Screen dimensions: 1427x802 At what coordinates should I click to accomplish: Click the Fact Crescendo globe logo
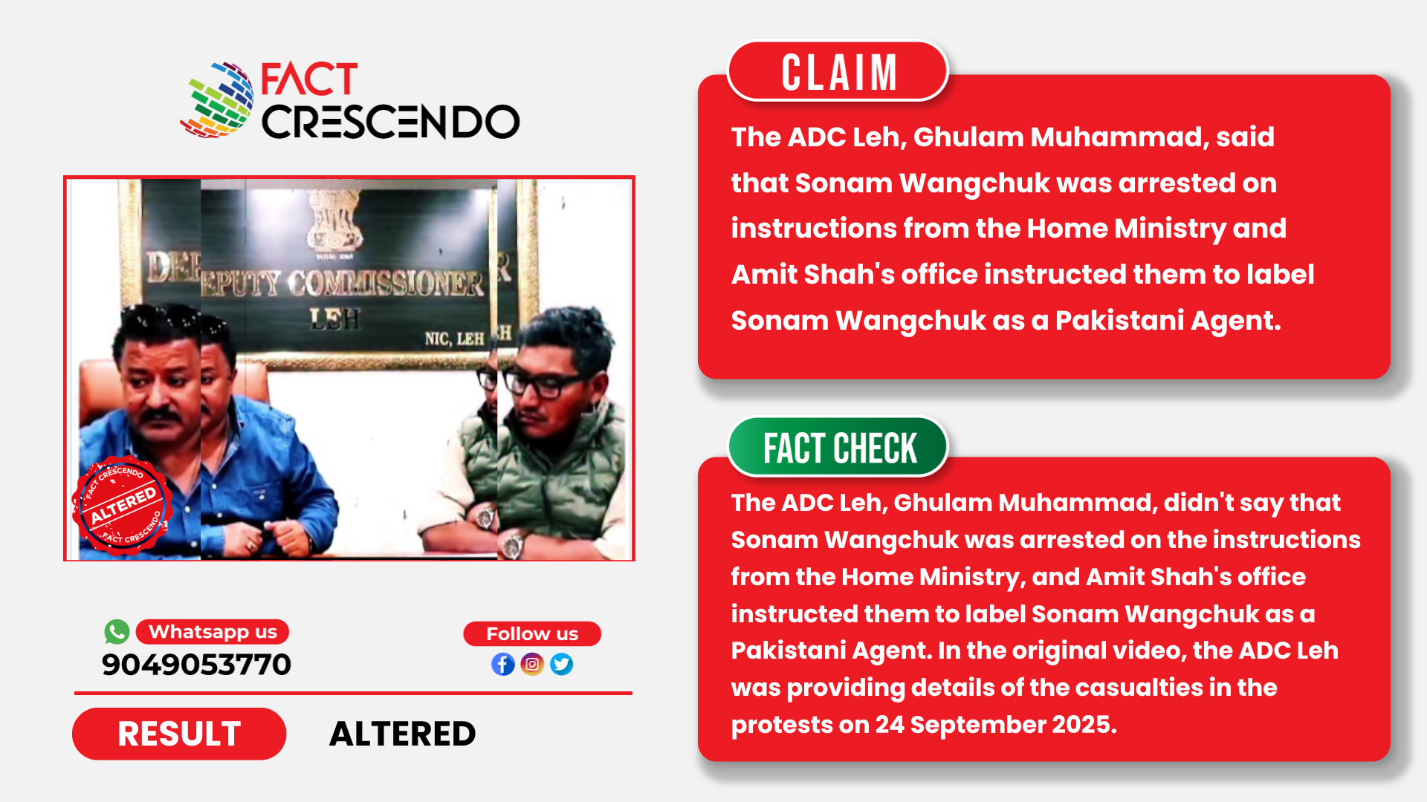pos(217,100)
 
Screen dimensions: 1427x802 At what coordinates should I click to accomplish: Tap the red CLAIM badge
pos(838,71)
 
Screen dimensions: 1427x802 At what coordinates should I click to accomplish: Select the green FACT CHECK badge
pos(838,448)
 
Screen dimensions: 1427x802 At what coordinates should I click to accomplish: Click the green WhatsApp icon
pos(117,632)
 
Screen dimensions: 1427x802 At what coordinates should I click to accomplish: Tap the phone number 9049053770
pos(196,665)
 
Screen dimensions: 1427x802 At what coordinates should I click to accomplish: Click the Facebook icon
pos(503,664)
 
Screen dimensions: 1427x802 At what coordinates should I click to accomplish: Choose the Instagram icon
pos(532,664)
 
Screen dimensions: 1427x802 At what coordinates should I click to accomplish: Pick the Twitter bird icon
pos(562,664)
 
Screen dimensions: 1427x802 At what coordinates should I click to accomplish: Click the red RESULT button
pos(179,734)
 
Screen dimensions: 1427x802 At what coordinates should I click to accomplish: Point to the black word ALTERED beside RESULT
pos(402,734)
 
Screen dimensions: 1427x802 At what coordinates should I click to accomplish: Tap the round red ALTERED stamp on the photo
pos(123,505)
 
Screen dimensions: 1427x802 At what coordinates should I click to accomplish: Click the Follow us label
pos(532,633)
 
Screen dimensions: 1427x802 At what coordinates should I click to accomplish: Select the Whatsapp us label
pos(213,632)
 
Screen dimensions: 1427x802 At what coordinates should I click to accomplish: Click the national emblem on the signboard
pos(335,221)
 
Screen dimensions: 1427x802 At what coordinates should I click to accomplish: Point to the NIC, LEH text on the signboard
pos(454,339)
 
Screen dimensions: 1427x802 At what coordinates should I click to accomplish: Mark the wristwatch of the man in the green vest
pos(513,546)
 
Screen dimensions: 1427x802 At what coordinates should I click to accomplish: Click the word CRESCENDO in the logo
pos(390,122)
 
